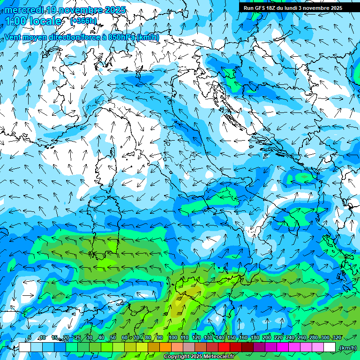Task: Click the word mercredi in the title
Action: point(23,10)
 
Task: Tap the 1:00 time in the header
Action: point(16,21)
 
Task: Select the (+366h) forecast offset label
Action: point(83,21)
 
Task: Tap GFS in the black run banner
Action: point(262,8)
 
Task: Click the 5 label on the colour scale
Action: point(29,338)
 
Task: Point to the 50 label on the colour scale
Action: point(112,338)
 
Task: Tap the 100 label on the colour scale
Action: point(172,338)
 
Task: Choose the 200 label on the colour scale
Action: point(266,338)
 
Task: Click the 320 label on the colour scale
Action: point(336,338)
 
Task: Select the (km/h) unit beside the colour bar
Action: point(348,348)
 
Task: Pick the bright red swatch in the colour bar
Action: point(224,347)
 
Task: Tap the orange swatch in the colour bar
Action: point(165,347)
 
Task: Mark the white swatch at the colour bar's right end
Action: point(330,347)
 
